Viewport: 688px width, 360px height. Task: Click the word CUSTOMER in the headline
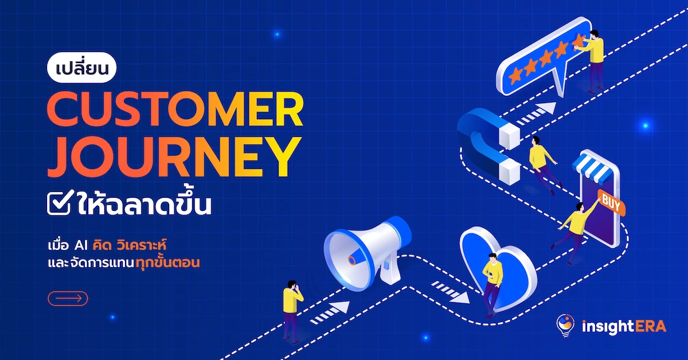(x=175, y=109)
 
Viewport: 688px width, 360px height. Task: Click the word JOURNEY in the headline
(x=174, y=157)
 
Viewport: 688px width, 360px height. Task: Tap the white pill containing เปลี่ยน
(x=81, y=68)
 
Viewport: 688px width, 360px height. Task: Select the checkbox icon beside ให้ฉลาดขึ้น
(x=60, y=202)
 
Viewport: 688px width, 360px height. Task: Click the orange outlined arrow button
(x=68, y=299)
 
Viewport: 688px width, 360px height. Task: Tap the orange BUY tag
(x=611, y=203)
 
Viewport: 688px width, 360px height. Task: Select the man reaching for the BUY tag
(x=575, y=230)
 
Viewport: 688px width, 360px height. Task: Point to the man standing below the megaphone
(x=292, y=311)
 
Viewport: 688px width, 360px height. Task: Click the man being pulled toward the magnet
(x=542, y=165)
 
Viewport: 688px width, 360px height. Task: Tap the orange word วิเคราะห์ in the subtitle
(x=142, y=246)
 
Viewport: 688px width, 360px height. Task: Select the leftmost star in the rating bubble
(x=515, y=75)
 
